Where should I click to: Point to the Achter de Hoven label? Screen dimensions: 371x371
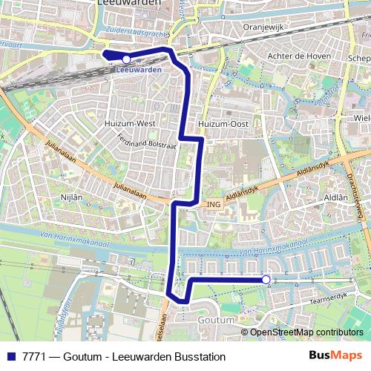pyautogui.click(x=297, y=56)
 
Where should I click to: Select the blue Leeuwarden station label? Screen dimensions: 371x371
pyautogui.click(x=139, y=70)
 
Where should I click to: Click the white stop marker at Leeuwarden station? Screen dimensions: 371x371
pyautogui.click(x=126, y=59)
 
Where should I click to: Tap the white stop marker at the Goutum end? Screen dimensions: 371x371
pyautogui.click(x=266, y=279)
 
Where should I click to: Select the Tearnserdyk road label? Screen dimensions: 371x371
pyautogui.click(x=329, y=295)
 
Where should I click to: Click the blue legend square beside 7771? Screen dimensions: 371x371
pyautogui.click(x=10, y=357)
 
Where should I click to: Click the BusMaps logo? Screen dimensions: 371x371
pyautogui.click(x=335, y=356)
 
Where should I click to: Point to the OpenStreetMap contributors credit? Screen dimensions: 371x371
pyautogui.click(x=306, y=332)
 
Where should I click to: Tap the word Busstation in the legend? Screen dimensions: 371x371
pyautogui.click(x=198, y=357)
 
